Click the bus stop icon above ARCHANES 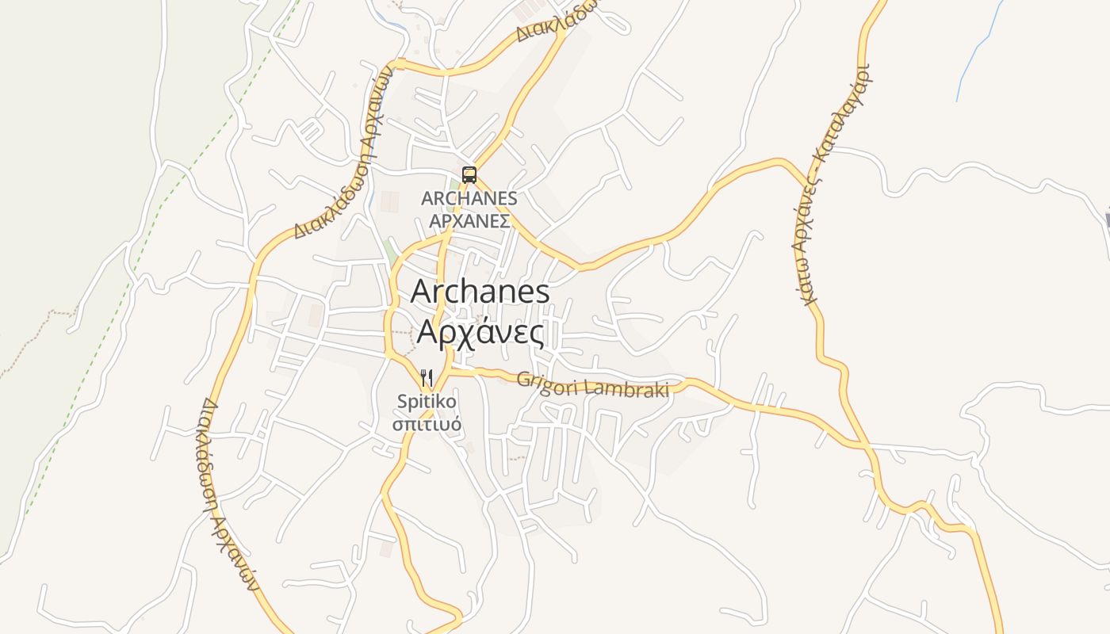[469, 175]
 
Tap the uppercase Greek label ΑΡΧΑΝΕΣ [469, 221]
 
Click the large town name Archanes [480, 292]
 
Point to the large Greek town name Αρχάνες [480, 333]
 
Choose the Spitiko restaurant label [427, 402]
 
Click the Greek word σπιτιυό [427, 424]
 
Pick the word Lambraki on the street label [627, 388]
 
